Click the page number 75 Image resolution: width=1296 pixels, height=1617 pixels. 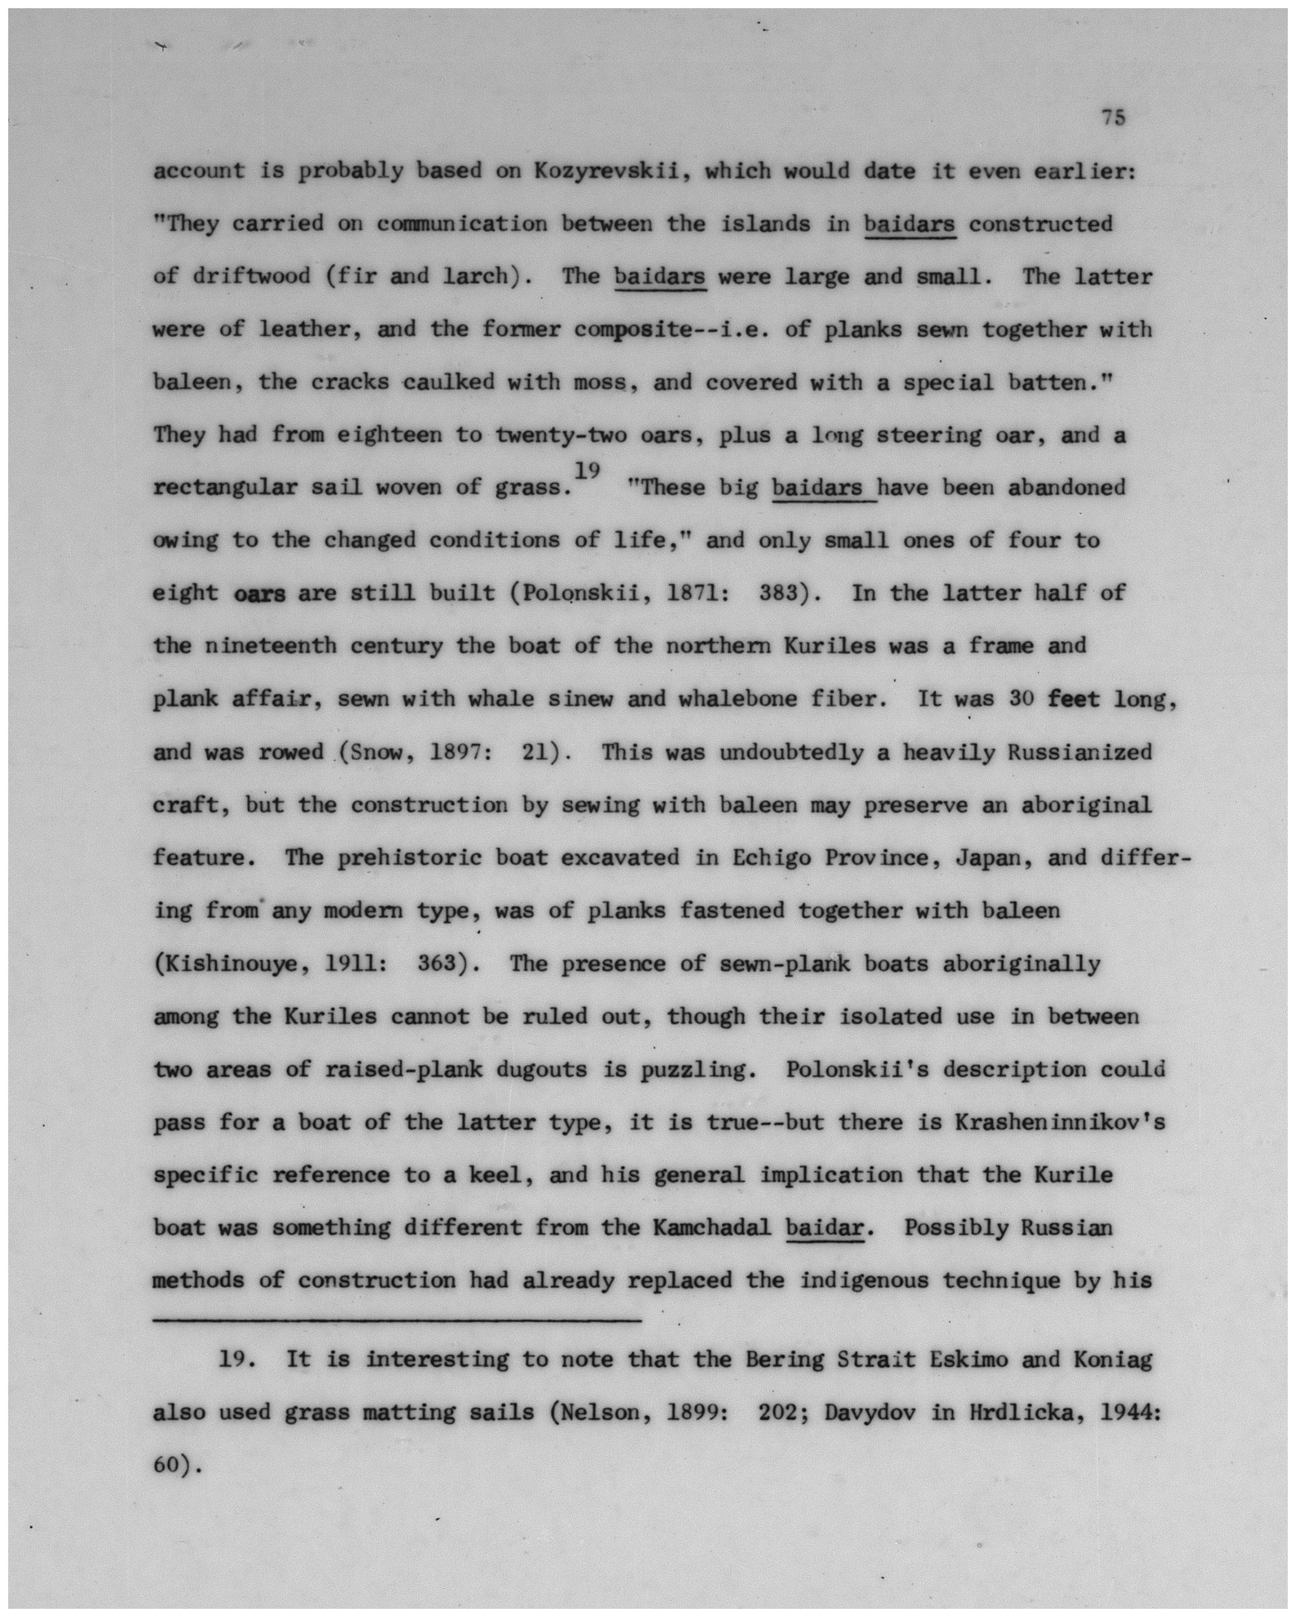click(1113, 118)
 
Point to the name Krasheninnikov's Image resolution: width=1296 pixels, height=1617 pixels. click(1059, 1123)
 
